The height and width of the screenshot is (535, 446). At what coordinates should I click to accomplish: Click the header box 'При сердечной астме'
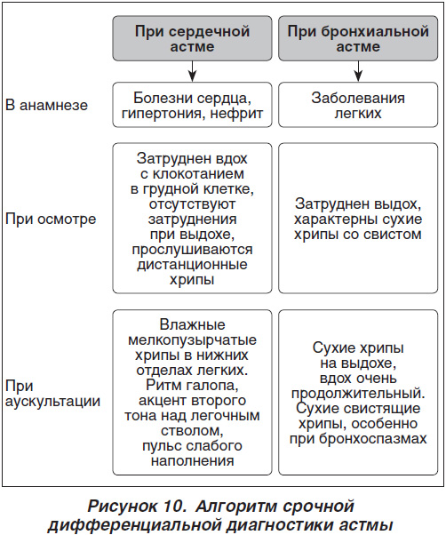tap(192, 38)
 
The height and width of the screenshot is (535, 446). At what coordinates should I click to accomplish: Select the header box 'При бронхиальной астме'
tap(358, 38)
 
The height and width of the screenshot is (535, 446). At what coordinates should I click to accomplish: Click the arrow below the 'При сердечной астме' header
tap(192, 71)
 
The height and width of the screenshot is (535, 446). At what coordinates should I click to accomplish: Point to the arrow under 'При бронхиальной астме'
tap(358, 71)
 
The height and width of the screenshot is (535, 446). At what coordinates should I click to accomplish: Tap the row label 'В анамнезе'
tap(47, 105)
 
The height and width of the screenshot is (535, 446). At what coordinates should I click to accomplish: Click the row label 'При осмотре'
tap(51, 220)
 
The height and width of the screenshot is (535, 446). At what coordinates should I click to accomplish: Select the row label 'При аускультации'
tap(52, 394)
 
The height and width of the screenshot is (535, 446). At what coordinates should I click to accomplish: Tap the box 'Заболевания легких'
tap(358, 105)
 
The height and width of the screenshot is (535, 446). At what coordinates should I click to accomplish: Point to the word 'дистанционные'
tap(192, 265)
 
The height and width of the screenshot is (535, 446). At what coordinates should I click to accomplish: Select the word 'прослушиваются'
tap(192, 250)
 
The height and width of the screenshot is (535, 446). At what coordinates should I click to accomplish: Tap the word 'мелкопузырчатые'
tap(192, 340)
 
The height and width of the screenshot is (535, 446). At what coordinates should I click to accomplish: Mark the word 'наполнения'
tap(192, 461)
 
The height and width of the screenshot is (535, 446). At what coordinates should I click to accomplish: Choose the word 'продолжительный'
tap(357, 394)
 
